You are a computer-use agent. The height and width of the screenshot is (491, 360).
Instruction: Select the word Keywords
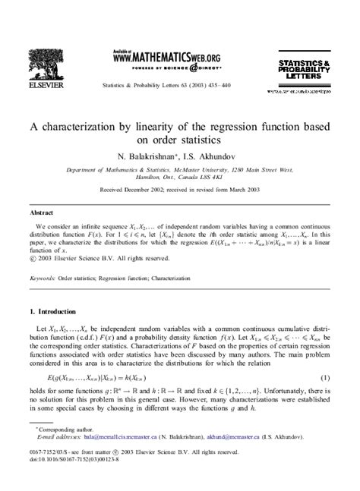(41, 279)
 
